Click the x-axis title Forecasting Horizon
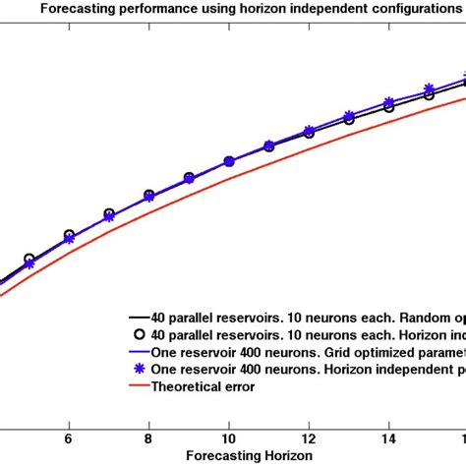233,456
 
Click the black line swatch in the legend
138,318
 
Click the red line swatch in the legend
138,385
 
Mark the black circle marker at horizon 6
68,236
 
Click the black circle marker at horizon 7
108,213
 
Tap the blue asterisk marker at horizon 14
389,102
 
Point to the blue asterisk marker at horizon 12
309,130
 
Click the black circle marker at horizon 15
429,95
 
